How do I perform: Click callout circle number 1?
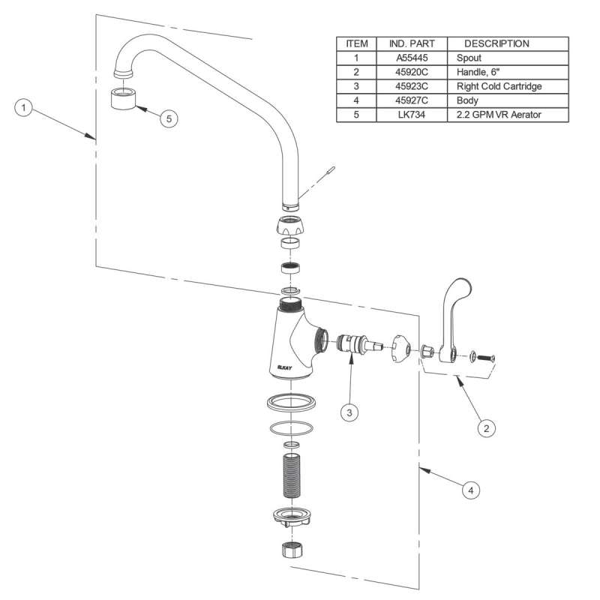25,108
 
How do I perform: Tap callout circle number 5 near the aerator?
169,118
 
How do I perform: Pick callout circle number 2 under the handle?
486,428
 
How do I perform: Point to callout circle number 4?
470,490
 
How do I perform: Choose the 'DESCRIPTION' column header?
496,43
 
